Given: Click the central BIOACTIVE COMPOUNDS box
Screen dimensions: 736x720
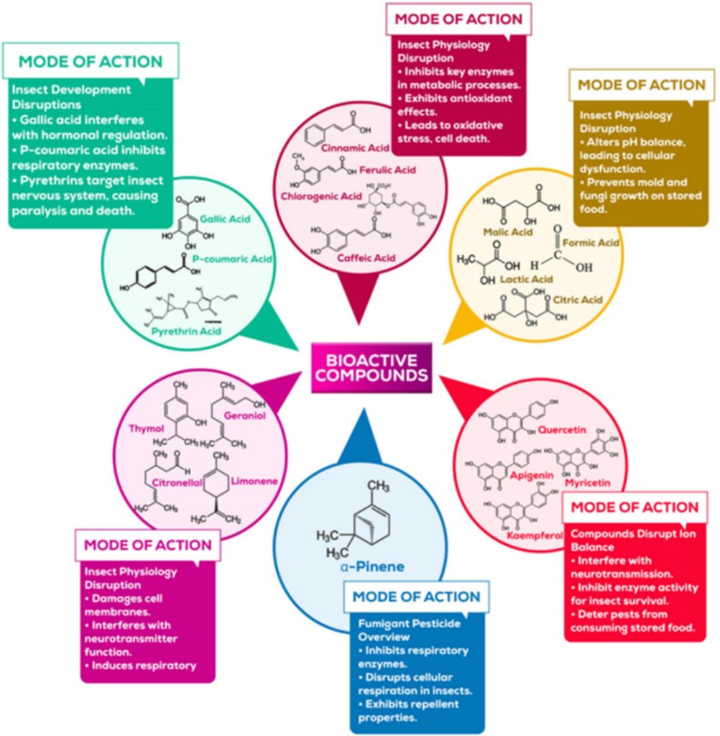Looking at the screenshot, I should [371, 367].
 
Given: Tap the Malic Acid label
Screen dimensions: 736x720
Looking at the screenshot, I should [508, 232].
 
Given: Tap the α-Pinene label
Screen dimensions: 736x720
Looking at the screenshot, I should [373, 566].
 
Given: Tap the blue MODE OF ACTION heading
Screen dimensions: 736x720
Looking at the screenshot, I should [417, 597].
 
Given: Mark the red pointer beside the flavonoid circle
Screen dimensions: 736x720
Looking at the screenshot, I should [460, 392].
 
